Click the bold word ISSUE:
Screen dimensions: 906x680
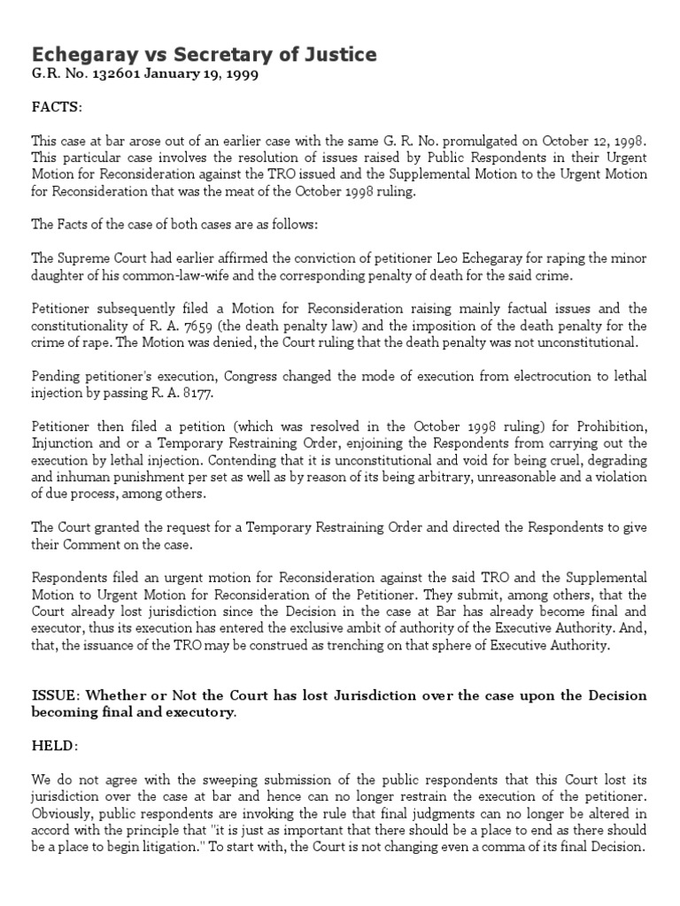[x=55, y=696]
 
